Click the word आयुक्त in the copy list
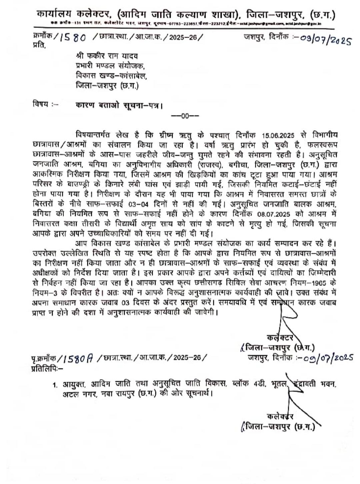74,384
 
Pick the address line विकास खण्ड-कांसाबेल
111,76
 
